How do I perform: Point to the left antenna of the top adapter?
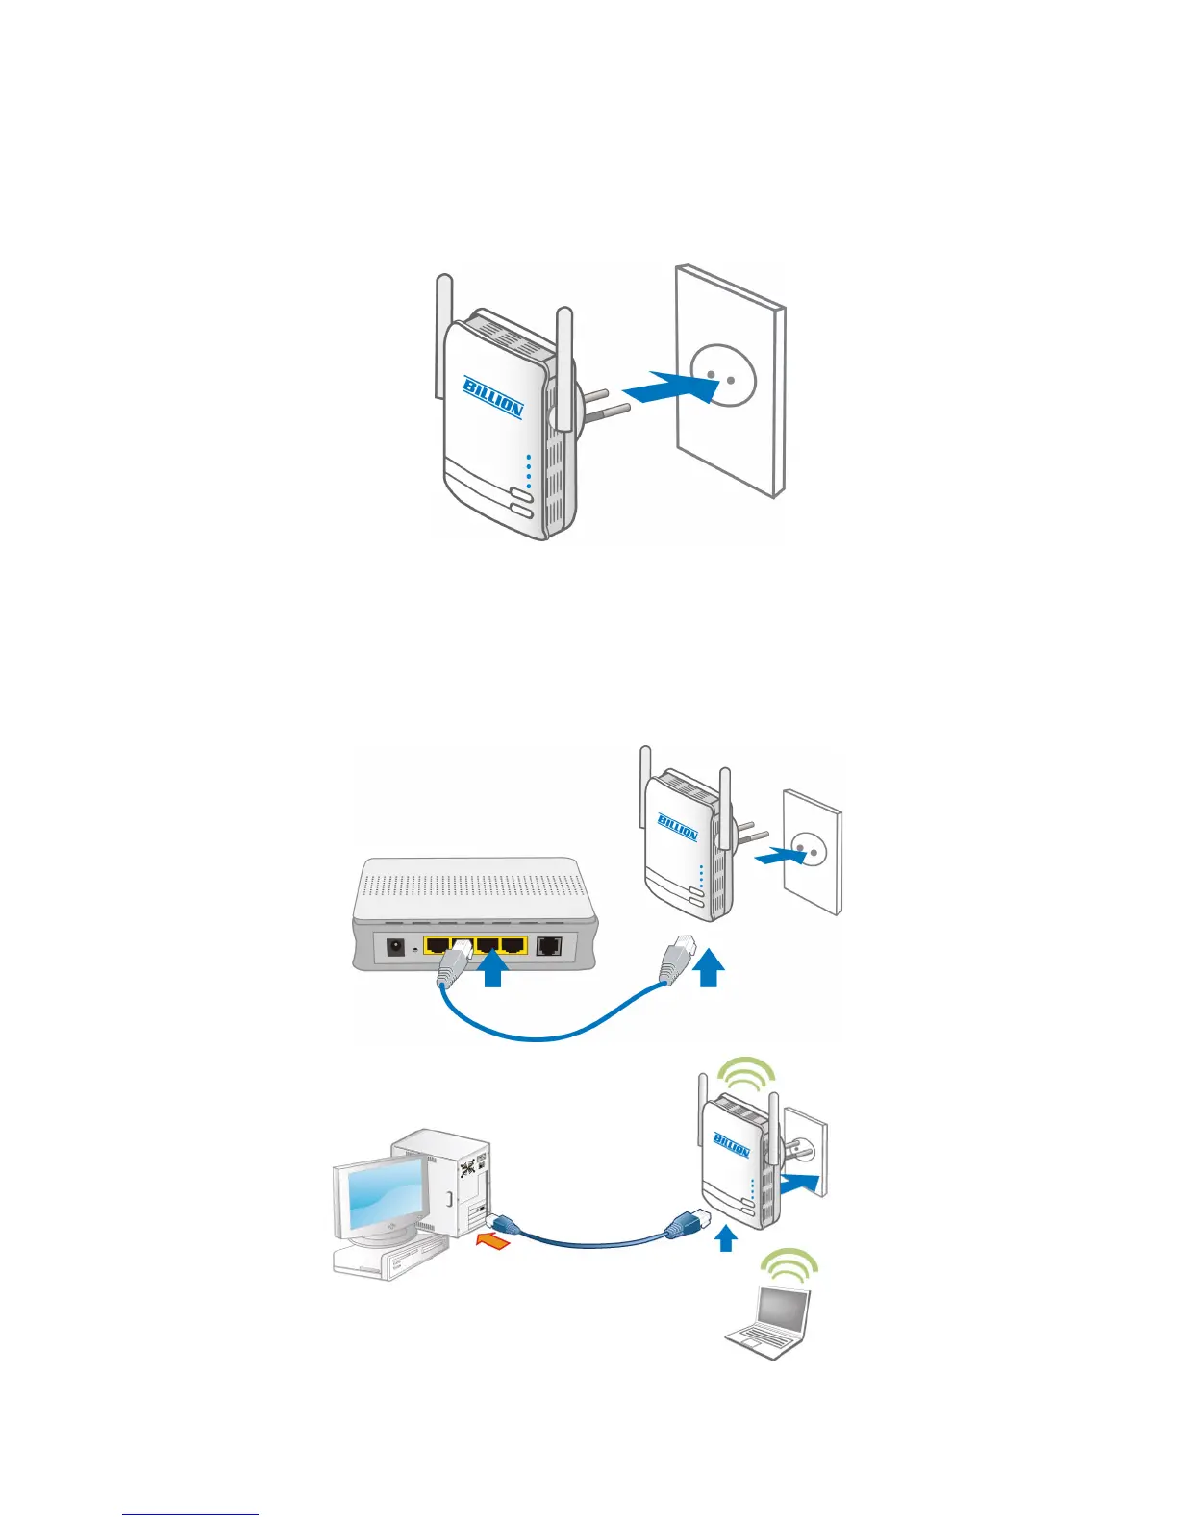(444, 337)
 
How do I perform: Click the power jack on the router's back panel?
(394, 947)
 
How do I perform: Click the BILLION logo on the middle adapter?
(678, 827)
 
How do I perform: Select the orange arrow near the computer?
(493, 1243)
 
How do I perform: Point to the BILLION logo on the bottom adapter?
(732, 1144)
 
